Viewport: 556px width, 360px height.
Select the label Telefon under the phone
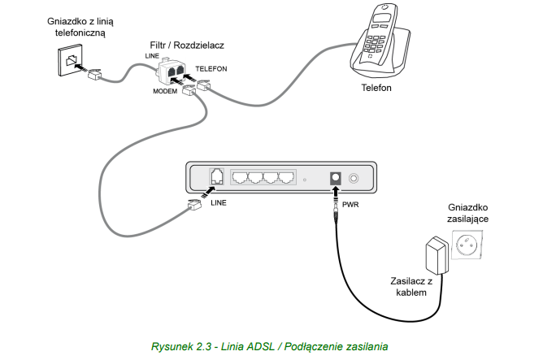[376, 86]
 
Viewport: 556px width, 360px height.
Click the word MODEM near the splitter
[166, 92]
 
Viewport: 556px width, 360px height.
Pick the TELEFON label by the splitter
[212, 70]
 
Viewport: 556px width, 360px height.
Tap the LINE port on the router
[217, 176]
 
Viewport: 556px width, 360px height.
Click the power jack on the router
[333, 177]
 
